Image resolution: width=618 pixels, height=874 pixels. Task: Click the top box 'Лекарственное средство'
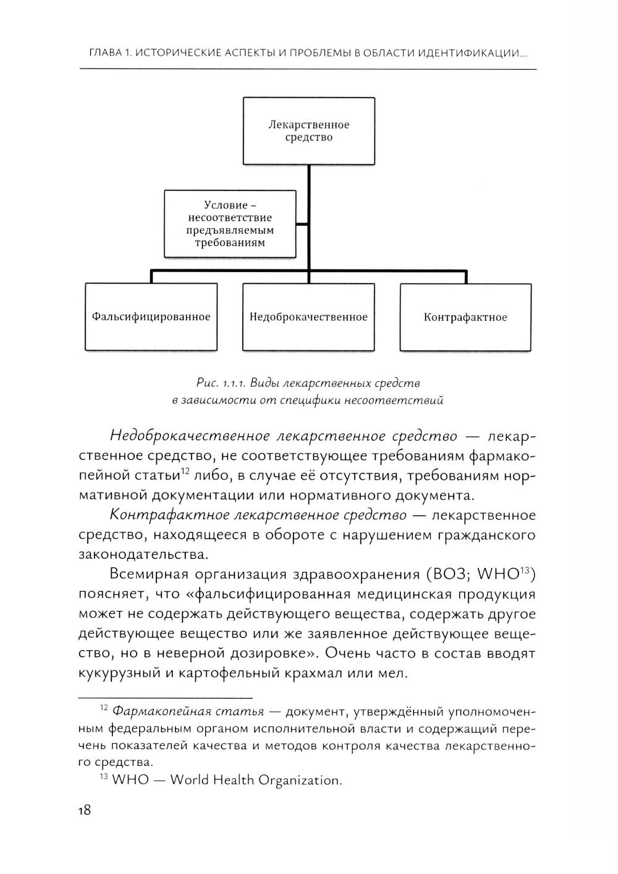tap(308, 130)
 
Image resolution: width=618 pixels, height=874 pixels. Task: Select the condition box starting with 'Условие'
tap(230, 223)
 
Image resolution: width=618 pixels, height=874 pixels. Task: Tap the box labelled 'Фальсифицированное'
tap(151, 317)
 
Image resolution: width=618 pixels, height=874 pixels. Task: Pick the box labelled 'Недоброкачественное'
tap(308, 317)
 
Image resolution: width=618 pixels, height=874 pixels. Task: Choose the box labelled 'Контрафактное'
tap(465, 318)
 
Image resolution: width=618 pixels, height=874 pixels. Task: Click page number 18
tap(84, 810)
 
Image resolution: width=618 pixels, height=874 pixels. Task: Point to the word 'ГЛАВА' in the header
tap(106, 54)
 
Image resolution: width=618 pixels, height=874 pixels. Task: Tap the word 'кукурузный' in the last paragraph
tap(120, 674)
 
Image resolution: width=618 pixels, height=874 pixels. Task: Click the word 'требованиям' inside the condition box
tap(230, 243)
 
